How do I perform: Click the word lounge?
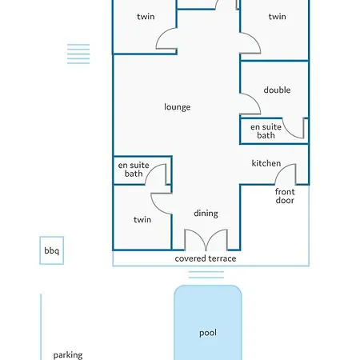click(x=178, y=107)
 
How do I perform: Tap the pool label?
click(x=208, y=333)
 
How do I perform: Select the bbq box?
click(x=52, y=250)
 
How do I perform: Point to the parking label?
click(x=68, y=355)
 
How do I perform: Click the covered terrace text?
click(x=206, y=258)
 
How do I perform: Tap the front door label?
click(x=285, y=196)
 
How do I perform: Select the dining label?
click(x=206, y=214)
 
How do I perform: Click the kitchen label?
click(x=266, y=163)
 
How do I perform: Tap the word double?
click(x=277, y=90)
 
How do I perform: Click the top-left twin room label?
click(x=146, y=17)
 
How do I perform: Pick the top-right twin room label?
click(x=278, y=17)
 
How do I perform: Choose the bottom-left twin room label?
click(x=142, y=219)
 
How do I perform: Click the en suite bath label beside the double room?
click(x=266, y=131)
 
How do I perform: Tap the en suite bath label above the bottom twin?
click(x=134, y=170)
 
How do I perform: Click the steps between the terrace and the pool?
click(x=206, y=274)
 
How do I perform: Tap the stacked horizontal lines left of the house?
click(x=78, y=54)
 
